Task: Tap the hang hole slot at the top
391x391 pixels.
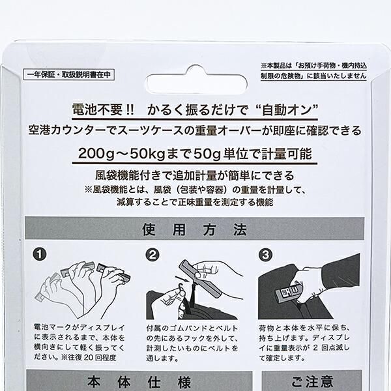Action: pos(195,75)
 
